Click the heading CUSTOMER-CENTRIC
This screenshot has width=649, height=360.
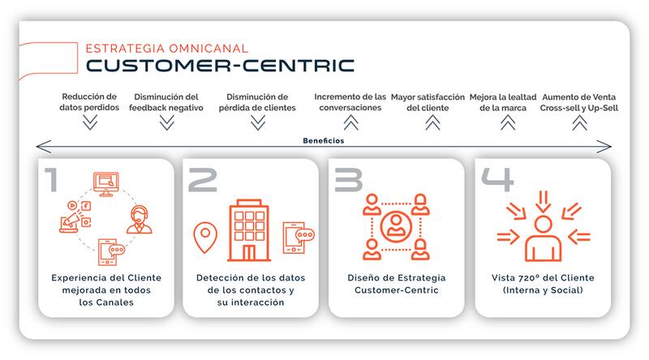(x=220, y=66)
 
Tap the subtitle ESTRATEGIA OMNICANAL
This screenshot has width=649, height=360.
(x=167, y=49)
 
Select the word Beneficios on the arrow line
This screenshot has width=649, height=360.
(x=323, y=141)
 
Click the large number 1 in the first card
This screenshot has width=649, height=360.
(x=51, y=179)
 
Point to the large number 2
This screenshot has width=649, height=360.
(x=202, y=179)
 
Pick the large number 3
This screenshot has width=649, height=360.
(x=349, y=179)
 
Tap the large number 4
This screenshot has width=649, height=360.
(x=497, y=179)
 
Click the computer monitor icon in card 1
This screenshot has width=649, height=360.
(x=106, y=184)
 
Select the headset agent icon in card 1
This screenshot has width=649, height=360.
(x=139, y=219)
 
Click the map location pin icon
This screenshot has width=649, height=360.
(x=205, y=237)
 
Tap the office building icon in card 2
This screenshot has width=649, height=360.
(x=249, y=230)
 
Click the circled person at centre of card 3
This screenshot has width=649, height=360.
(x=396, y=227)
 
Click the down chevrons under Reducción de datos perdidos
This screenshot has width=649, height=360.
(x=90, y=122)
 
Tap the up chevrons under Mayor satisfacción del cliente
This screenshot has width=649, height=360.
(x=432, y=122)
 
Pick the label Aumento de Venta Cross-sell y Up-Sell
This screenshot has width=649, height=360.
(x=579, y=102)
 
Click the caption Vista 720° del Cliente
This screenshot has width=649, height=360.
(x=543, y=277)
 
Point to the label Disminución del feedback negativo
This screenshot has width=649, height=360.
(x=166, y=102)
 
